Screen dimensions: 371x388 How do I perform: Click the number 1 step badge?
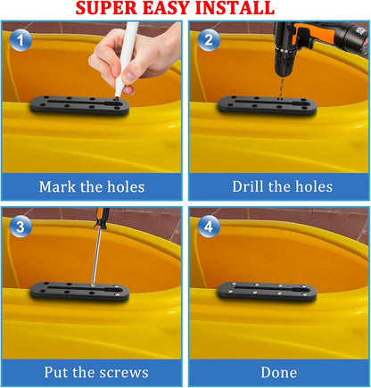21,40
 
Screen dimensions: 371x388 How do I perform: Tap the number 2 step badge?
209,40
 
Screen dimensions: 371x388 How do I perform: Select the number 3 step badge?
21,227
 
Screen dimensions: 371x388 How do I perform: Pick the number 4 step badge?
209,227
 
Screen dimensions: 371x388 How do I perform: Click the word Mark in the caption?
57,186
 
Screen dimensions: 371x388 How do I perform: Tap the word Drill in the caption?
248,186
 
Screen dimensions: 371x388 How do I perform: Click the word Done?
279,373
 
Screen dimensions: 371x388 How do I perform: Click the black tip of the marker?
118,96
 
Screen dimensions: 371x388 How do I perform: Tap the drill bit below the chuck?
280,87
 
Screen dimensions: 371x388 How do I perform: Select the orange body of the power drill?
315,33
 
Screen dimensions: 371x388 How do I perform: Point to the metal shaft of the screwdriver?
96,256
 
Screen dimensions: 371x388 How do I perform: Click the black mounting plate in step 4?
268,292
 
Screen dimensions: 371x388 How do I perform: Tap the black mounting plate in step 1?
79,105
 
